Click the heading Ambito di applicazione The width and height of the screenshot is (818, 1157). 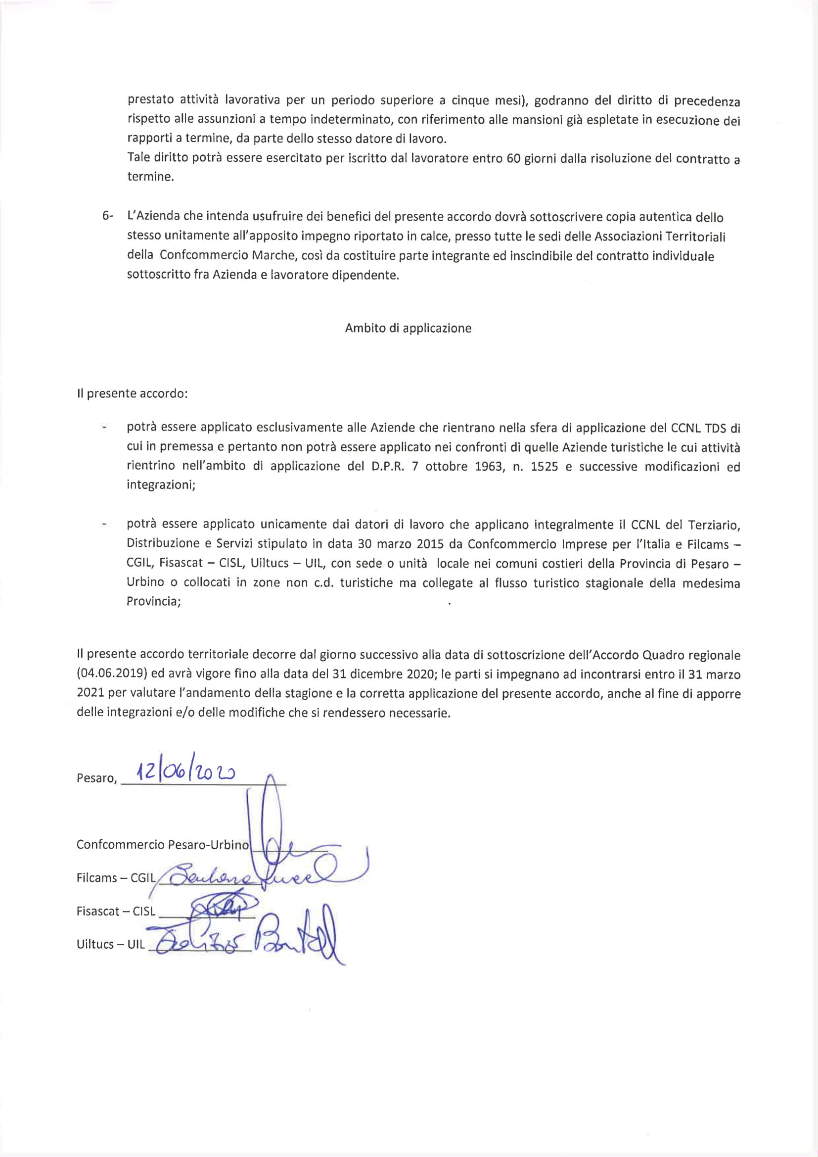408,328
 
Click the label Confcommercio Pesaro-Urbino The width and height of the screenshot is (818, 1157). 162,845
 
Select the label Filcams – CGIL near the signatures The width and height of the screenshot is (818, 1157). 116,878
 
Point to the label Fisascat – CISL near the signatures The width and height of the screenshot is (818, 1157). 116,911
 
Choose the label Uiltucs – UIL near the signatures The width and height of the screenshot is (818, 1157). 110,944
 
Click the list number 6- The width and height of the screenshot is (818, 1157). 108,216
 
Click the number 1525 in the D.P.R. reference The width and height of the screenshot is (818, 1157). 544,467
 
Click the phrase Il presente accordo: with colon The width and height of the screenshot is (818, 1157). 132,393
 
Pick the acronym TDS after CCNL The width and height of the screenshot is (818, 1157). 717,429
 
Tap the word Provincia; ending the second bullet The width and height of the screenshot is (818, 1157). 154,602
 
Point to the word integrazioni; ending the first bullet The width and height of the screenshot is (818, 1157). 161,485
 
